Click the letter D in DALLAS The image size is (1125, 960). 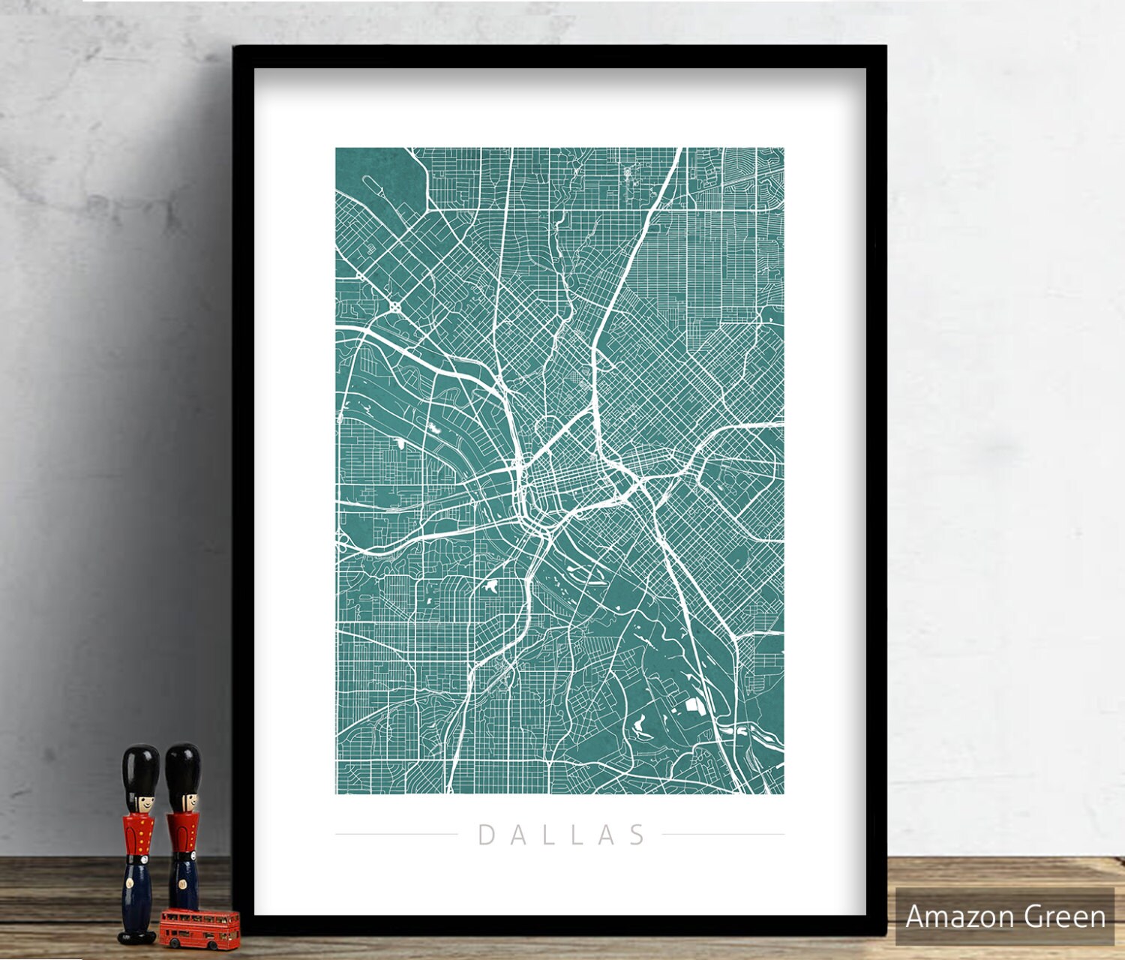pos(485,835)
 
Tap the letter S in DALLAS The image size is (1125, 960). pos(637,835)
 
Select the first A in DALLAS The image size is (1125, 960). pos(516,835)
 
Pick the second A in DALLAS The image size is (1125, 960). pos(607,835)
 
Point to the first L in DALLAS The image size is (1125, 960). pos(547,835)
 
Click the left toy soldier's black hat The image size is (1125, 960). pos(141,769)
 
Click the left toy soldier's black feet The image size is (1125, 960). pos(137,936)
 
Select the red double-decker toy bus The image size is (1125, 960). pos(199,928)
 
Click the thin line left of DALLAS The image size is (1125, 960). pos(396,834)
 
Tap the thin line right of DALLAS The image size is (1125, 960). pos(723,834)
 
